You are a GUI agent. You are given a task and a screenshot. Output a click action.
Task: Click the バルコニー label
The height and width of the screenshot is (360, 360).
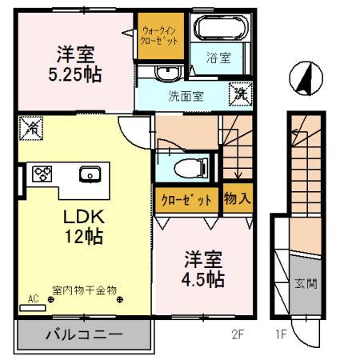(x=82, y=334)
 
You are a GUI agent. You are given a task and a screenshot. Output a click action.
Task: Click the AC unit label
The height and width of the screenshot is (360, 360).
(x=34, y=299)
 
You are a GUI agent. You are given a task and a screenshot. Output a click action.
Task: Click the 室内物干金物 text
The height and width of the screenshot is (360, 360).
(x=85, y=290)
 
